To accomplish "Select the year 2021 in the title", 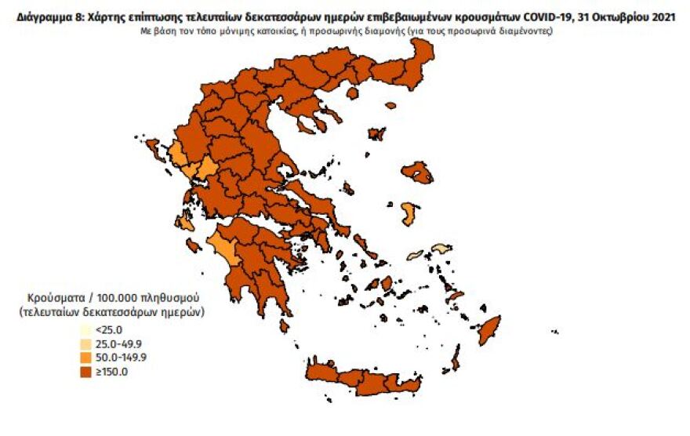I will coord(659,15).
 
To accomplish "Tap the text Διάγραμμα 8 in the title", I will coord(41,15).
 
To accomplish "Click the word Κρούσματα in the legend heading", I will coord(52,299).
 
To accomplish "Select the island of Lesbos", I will coord(417,173).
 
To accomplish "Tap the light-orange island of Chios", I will coord(409,213).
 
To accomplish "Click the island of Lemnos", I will coord(376,134).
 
